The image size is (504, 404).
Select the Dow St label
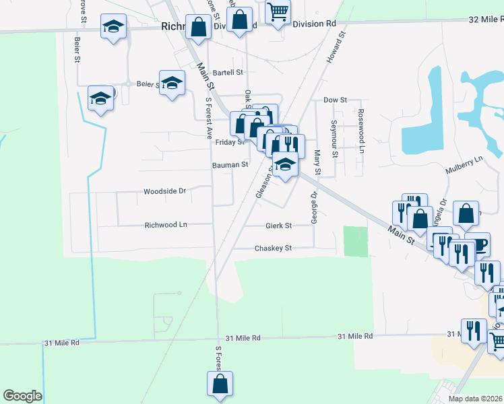tap(335, 100)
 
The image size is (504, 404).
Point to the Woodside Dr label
tap(164, 191)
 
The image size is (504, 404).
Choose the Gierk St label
tap(278, 226)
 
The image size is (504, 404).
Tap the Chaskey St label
tap(273, 248)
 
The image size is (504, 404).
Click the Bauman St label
tap(230, 164)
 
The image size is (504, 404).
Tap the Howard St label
tap(336, 47)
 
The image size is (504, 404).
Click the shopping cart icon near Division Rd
tap(278, 11)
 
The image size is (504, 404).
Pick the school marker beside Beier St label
tap(172, 82)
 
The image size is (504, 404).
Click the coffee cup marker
tap(477, 245)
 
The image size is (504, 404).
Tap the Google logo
tap(22, 396)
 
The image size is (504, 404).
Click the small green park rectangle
tap(356, 241)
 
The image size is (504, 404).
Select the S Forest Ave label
tap(209, 119)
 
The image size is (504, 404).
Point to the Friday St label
tap(229, 142)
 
